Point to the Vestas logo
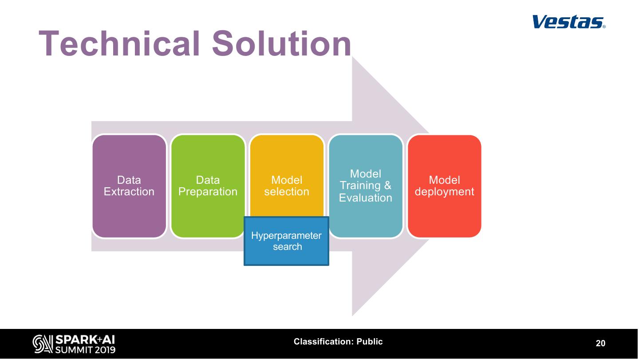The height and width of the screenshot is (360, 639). coord(568,22)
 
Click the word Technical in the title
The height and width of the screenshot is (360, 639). coord(119,44)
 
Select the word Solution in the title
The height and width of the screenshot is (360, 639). coord(281,44)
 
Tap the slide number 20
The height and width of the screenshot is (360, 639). coord(600,344)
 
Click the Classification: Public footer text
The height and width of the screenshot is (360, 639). coord(338,342)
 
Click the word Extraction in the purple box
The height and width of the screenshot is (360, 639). coord(129,192)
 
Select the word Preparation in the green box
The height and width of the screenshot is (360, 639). coord(208,192)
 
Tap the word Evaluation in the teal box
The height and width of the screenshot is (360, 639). coord(366,198)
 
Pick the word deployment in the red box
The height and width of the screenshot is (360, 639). coord(444,192)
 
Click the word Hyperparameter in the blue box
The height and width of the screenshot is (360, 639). coord(286,236)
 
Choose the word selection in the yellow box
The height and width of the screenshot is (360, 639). coord(287,192)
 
